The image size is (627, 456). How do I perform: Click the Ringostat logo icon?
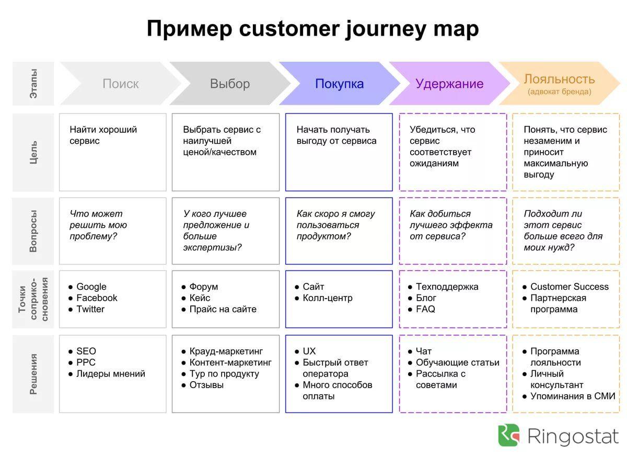click(x=509, y=435)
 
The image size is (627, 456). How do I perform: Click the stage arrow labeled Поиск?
click(x=120, y=84)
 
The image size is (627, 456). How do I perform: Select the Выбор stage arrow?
click(x=230, y=84)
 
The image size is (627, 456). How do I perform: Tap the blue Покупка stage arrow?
click(x=339, y=84)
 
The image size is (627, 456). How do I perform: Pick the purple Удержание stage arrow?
click(x=449, y=84)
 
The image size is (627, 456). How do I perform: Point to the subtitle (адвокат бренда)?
click(x=559, y=92)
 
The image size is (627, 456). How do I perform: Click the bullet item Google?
click(x=91, y=287)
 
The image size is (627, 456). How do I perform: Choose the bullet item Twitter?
click(x=90, y=309)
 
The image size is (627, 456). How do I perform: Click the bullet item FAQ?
click(x=425, y=309)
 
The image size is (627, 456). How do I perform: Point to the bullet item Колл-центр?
click(x=327, y=298)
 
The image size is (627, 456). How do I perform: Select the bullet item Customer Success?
click(x=569, y=287)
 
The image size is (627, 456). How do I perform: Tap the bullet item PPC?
click(x=86, y=362)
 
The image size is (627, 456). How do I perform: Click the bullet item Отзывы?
click(x=206, y=385)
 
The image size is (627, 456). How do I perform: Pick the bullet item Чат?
click(x=424, y=351)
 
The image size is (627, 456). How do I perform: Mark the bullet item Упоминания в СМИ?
click(x=573, y=396)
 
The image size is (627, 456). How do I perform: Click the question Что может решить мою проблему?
click(x=98, y=225)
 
